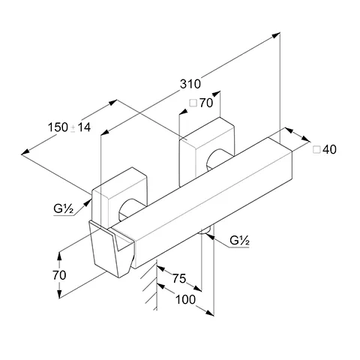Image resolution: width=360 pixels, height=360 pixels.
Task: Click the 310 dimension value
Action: [190, 84]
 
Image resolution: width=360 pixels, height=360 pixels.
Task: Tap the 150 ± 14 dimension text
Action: [69, 127]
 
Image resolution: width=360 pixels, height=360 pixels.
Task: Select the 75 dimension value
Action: [179, 278]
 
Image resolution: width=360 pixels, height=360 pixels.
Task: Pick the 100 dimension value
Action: [185, 299]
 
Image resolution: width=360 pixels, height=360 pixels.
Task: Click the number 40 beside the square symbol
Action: [329, 149]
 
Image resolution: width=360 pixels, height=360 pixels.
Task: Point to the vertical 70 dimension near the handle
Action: [59, 275]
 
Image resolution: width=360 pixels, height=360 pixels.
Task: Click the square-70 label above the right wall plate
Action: [201, 103]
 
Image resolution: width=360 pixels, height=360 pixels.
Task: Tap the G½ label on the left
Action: [63, 208]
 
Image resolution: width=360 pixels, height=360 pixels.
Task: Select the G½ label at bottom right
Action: [239, 241]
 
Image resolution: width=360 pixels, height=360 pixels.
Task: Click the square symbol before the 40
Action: [316, 149]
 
